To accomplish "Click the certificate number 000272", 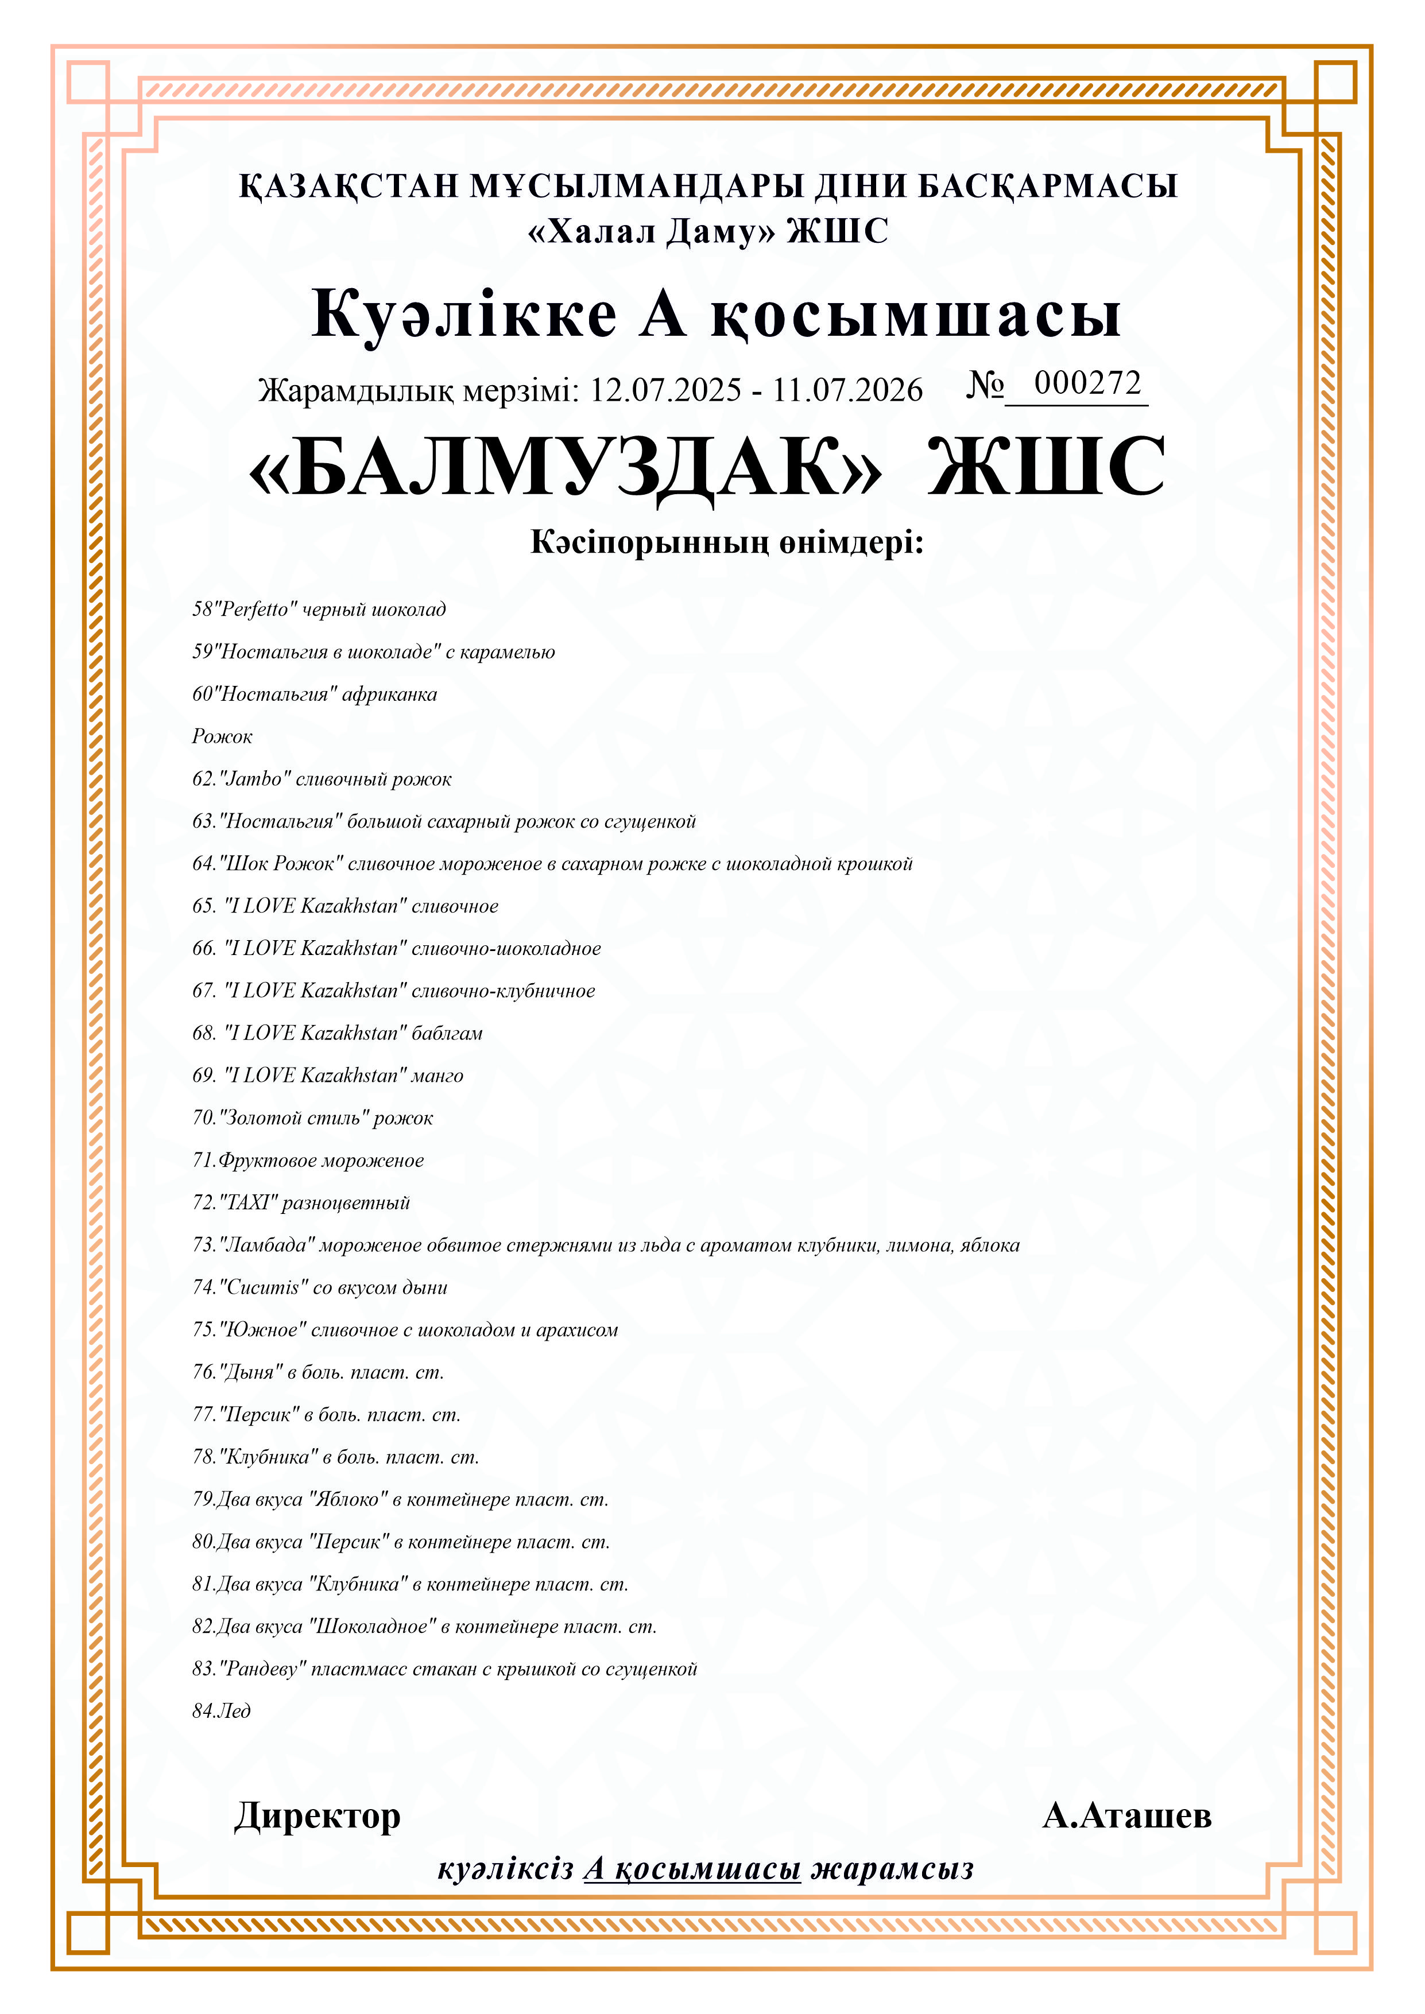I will [1087, 383].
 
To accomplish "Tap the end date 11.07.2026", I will [847, 390].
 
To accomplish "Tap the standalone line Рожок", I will [222, 737].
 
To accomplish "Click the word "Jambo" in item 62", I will [254, 779].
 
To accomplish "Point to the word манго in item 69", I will [437, 1076].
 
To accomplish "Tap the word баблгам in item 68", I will [447, 1033].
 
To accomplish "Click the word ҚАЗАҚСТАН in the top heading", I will [348, 186].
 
